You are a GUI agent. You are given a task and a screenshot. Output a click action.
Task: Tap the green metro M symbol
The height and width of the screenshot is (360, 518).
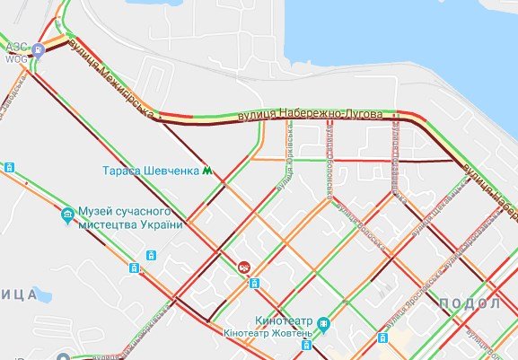pos(208,170)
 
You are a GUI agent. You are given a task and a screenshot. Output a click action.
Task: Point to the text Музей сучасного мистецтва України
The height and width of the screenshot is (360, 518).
pos(130,217)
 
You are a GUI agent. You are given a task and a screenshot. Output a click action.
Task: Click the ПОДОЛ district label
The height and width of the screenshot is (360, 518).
pos(470,304)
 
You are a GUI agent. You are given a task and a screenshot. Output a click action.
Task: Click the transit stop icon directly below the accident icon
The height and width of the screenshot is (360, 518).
pos(254,283)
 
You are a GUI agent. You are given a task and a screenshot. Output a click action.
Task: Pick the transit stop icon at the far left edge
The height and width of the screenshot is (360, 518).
pos(8,168)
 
